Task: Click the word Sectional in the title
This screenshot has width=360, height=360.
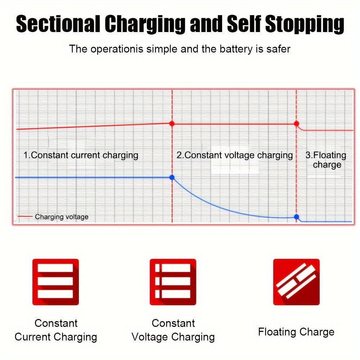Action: point(58,23)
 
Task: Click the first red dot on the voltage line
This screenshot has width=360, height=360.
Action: point(172,123)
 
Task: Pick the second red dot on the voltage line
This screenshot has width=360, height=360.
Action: point(296,123)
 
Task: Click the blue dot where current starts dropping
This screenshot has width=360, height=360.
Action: point(172,177)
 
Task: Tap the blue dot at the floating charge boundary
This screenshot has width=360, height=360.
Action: point(296,217)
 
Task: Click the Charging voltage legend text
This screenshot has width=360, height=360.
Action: point(62,217)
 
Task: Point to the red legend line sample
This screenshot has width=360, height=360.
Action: point(25,216)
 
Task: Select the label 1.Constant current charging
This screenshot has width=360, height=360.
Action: point(81,156)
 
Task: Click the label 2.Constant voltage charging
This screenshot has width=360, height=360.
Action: point(235,156)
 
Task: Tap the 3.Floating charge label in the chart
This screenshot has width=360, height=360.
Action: point(326,160)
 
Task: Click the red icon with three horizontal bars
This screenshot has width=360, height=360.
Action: point(55,282)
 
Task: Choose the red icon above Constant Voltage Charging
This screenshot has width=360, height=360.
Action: point(173,282)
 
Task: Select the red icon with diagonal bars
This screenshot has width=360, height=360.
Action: point(296,282)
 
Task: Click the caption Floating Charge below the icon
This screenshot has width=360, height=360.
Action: point(296,332)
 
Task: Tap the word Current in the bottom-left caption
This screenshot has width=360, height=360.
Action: point(32,337)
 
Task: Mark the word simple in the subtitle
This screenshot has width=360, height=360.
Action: point(162,49)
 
